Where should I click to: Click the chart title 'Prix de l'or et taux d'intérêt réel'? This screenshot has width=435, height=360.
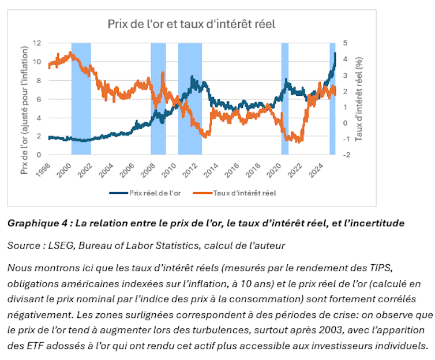pyautogui.click(x=191, y=24)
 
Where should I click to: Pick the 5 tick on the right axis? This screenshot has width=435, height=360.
pyautogui.click(x=344, y=43)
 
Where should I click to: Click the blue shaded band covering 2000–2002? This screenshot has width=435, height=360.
pyautogui.click(x=81, y=99)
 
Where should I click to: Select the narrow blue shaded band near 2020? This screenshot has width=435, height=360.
pyautogui.click(x=284, y=99)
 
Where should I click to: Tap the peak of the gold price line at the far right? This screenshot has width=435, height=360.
pyautogui.click(x=335, y=53)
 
